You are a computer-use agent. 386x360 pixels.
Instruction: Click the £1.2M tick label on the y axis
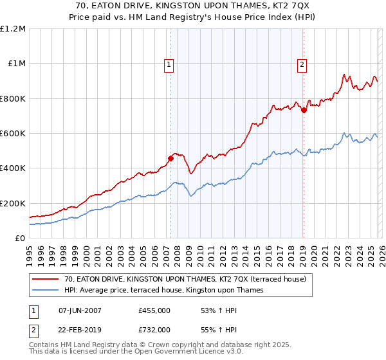click(x=13, y=29)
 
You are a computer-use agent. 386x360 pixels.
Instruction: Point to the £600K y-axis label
click(x=13, y=134)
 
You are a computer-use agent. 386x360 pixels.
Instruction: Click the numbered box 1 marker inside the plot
click(x=169, y=64)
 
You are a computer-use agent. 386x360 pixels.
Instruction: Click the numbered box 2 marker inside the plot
click(x=302, y=64)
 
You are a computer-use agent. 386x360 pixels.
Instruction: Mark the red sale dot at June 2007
click(x=170, y=158)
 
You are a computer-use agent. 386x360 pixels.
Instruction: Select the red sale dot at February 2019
click(x=304, y=110)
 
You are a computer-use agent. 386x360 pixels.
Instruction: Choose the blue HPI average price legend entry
click(x=163, y=290)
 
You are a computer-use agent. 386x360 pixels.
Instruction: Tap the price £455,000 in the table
click(x=154, y=310)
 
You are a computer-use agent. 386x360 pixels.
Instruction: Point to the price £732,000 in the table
click(x=154, y=328)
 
